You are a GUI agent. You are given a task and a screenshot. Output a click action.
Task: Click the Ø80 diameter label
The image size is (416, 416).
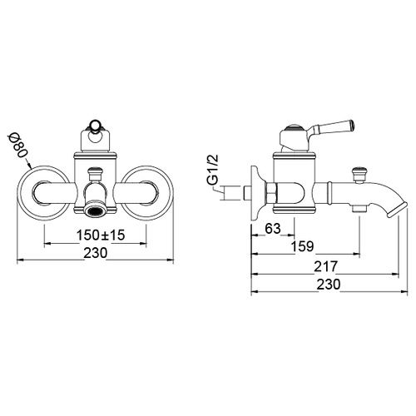(20, 146)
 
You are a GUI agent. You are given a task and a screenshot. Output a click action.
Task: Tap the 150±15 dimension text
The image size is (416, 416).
(101, 235)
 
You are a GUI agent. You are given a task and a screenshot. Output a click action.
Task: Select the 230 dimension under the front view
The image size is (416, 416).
(95, 253)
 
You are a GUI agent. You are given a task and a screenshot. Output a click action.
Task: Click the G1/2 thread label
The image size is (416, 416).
(213, 170)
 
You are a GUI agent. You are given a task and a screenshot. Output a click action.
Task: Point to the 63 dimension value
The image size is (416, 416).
(273, 229)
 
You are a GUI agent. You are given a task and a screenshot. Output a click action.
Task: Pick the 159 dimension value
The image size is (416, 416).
(303, 246)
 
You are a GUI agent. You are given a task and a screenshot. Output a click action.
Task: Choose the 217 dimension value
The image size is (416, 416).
(325, 267)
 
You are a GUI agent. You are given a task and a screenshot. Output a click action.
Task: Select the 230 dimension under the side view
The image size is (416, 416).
(329, 285)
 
